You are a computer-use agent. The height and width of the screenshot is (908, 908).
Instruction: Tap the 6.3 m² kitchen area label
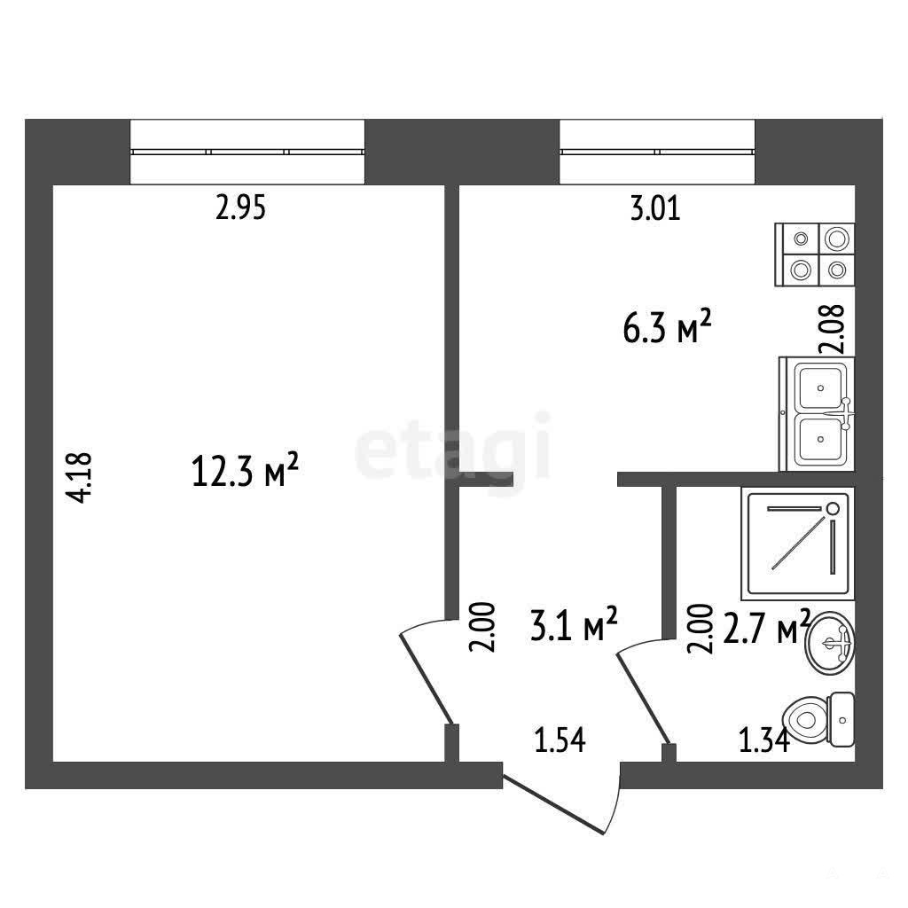coord(667,326)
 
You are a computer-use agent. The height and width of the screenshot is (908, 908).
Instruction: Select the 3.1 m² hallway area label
coord(574,624)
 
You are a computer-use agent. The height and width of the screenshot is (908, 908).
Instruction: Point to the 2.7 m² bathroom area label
coord(766,628)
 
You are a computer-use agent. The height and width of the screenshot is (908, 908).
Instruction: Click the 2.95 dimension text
coord(240,207)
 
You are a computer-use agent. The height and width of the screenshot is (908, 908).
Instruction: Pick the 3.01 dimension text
coord(655,208)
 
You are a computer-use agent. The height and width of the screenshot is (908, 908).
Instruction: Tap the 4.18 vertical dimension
coord(79,477)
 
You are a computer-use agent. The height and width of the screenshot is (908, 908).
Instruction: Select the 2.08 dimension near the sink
coord(832,329)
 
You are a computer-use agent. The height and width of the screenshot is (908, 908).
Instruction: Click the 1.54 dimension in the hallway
coord(560,740)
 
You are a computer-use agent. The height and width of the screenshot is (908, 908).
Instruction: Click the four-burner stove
coord(815,254)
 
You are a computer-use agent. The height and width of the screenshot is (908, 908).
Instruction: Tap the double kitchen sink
coord(817,414)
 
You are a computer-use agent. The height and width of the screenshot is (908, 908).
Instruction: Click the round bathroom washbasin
coord(830,643)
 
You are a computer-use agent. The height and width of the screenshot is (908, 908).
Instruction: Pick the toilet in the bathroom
coord(818,720)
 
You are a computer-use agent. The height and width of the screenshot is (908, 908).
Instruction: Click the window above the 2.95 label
coord(247,152)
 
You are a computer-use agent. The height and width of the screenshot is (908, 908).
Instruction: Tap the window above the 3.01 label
coord(657,152)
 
